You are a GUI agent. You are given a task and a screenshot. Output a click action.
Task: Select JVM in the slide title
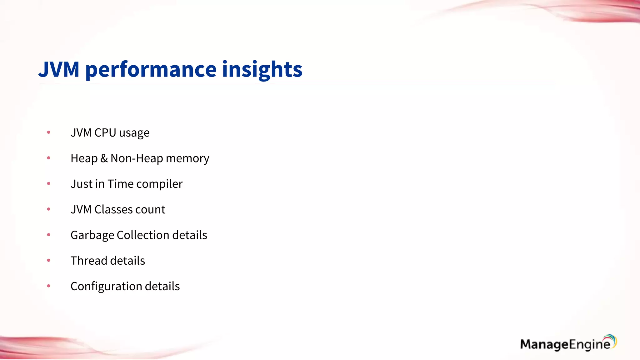(59, 69)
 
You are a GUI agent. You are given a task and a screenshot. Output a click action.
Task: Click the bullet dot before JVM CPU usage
(48, 132)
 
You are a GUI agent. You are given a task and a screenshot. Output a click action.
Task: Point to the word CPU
(105, 133)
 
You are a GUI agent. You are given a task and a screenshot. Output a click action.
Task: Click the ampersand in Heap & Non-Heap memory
(104, 158)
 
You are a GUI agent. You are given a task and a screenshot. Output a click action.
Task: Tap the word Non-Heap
(137, 158)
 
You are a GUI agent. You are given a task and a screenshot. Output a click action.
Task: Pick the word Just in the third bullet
(81, 184)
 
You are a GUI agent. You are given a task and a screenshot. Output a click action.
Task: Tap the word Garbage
(92, 235)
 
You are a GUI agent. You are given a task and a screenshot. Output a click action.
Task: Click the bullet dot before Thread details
(48, 260)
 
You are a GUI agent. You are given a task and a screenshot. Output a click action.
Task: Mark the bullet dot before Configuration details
(48, 286)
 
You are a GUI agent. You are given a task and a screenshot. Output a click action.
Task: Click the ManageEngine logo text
(564, 344)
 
